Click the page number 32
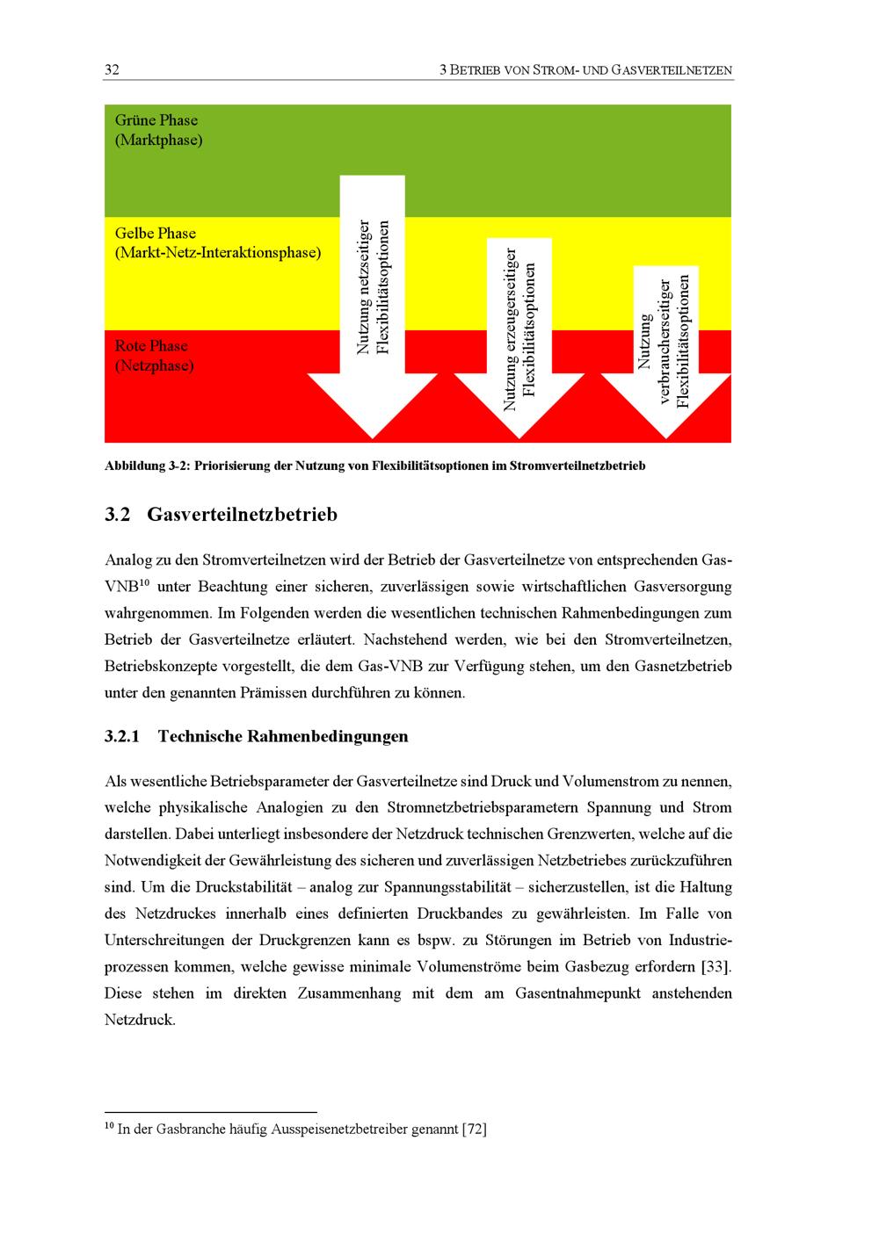(112, 69)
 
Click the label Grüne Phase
(156, 120)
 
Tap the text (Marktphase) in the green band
(159, 140)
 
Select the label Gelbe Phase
(156, 233)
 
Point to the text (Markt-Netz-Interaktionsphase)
(218, 253)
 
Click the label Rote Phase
(151, 346)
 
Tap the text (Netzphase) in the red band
(155, 365)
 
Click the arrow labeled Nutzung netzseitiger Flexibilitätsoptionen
(373, 307)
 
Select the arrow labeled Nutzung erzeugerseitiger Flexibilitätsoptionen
(519, 338)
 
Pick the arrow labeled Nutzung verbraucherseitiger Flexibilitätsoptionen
(666, 352)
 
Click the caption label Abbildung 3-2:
(148, 466)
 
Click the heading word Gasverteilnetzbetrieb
(242, 515)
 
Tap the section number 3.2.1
(121, 736)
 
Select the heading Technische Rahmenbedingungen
(283, 736)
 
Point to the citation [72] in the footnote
(474, 1129)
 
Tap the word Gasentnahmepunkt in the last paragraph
(578, 993)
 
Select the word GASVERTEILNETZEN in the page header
(672, 70)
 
